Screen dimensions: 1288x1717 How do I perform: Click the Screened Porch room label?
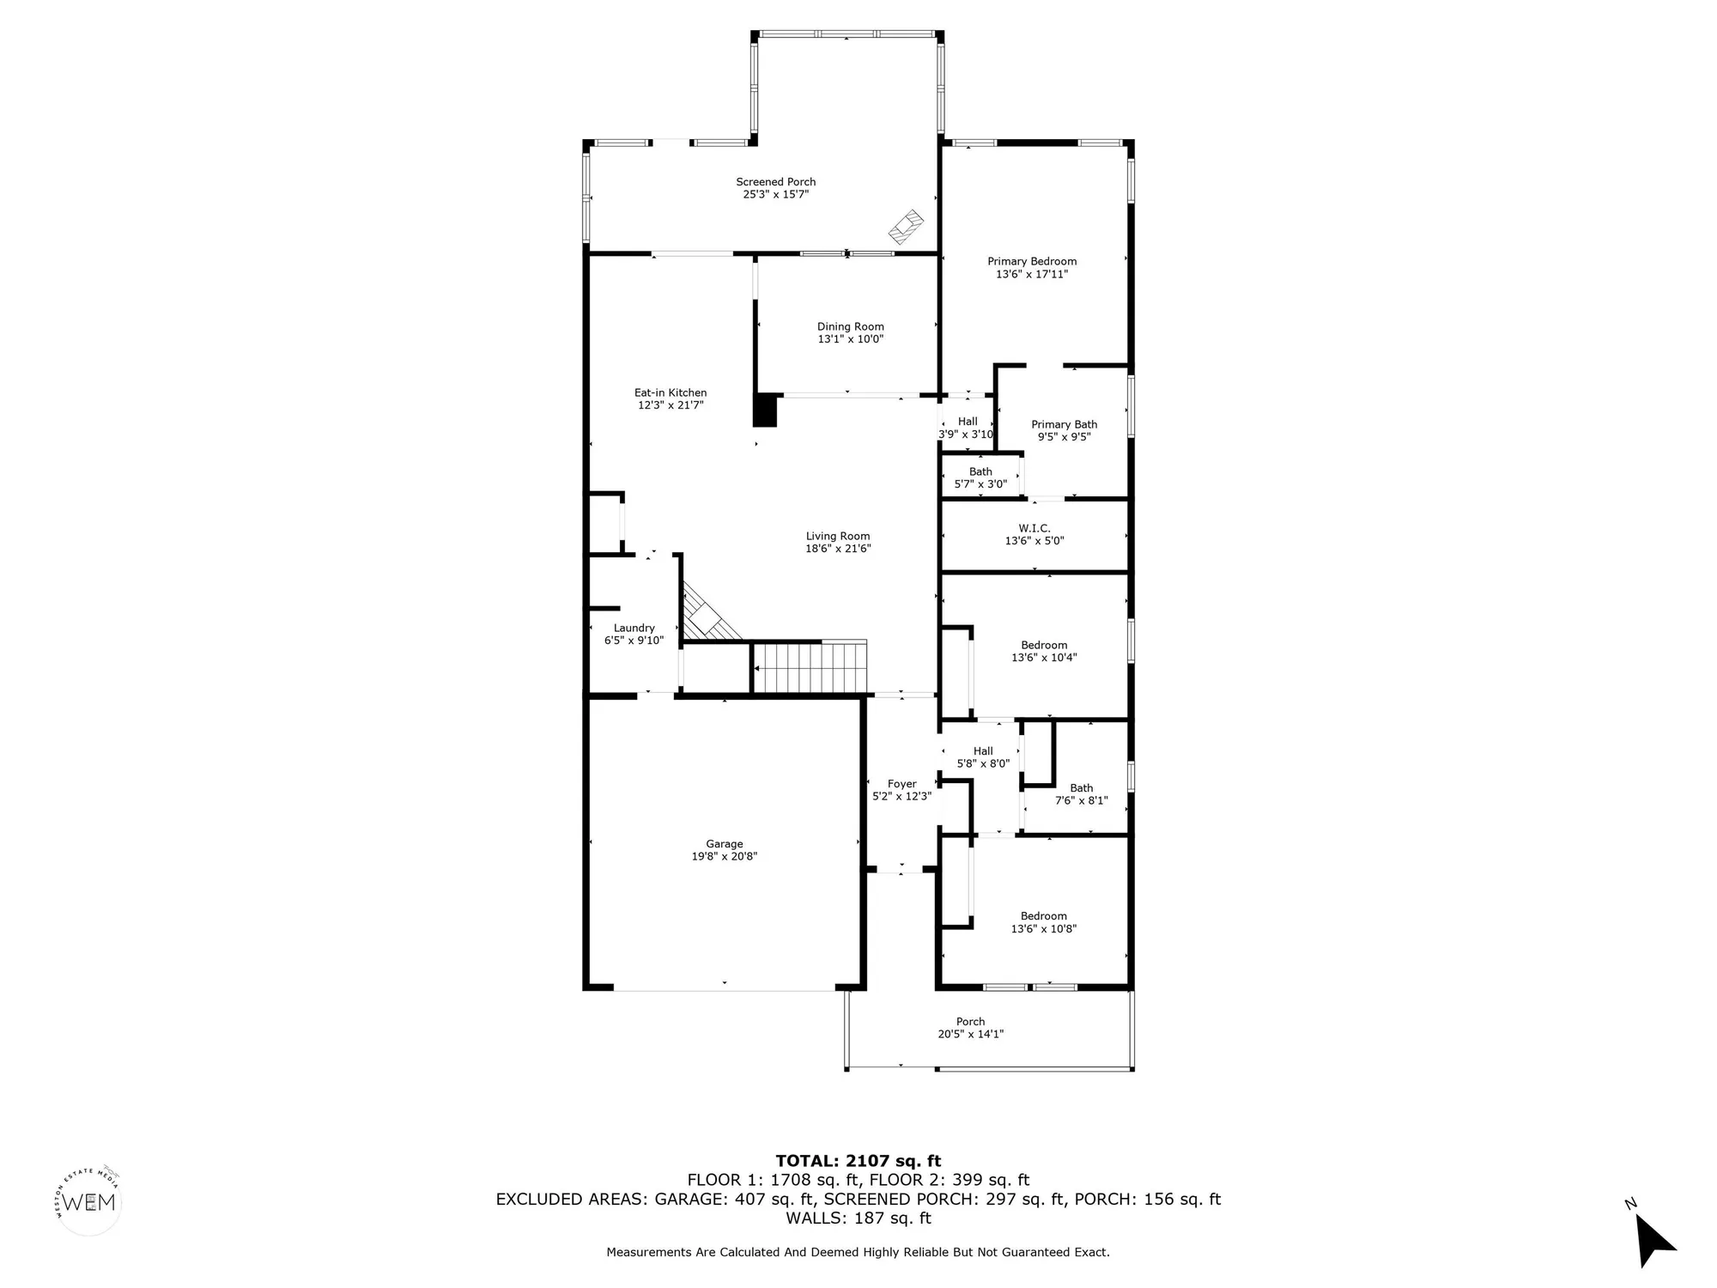click(x=775, y=182)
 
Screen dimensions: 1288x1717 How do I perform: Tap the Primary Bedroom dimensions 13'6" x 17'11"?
click(x=1032, y=275)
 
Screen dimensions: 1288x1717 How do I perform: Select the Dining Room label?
click(x=850, y=326)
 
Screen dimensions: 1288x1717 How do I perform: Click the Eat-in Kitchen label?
click(x=670, y=392)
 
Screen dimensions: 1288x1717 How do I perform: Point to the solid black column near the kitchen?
click(x=765, y=410)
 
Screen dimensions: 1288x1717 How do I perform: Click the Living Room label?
click(x=837, y=536)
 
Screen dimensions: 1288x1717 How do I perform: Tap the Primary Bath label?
click(x=1064, y=424)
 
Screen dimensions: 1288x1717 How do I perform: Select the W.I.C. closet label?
click(x=1034, y=528)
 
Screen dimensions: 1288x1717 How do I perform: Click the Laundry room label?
click(x=634, y=628)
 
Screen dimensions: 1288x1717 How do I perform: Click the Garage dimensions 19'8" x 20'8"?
click(x=725, y=857)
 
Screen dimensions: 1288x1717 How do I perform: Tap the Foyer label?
click(x=901, y=784)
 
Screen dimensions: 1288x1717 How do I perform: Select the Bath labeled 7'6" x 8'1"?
click(x=1081, y=794)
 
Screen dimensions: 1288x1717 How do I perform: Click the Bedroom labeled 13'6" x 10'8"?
click(x=1043, y=922)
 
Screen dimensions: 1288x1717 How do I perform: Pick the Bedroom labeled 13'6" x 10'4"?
click(x=1044, y=651)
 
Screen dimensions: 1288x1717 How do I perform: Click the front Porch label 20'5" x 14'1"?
click(x=970, y=1028)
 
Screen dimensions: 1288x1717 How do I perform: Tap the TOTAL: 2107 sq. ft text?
click(x=858, y=1162)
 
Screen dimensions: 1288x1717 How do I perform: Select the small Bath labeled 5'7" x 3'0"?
click(x=980, y=477)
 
